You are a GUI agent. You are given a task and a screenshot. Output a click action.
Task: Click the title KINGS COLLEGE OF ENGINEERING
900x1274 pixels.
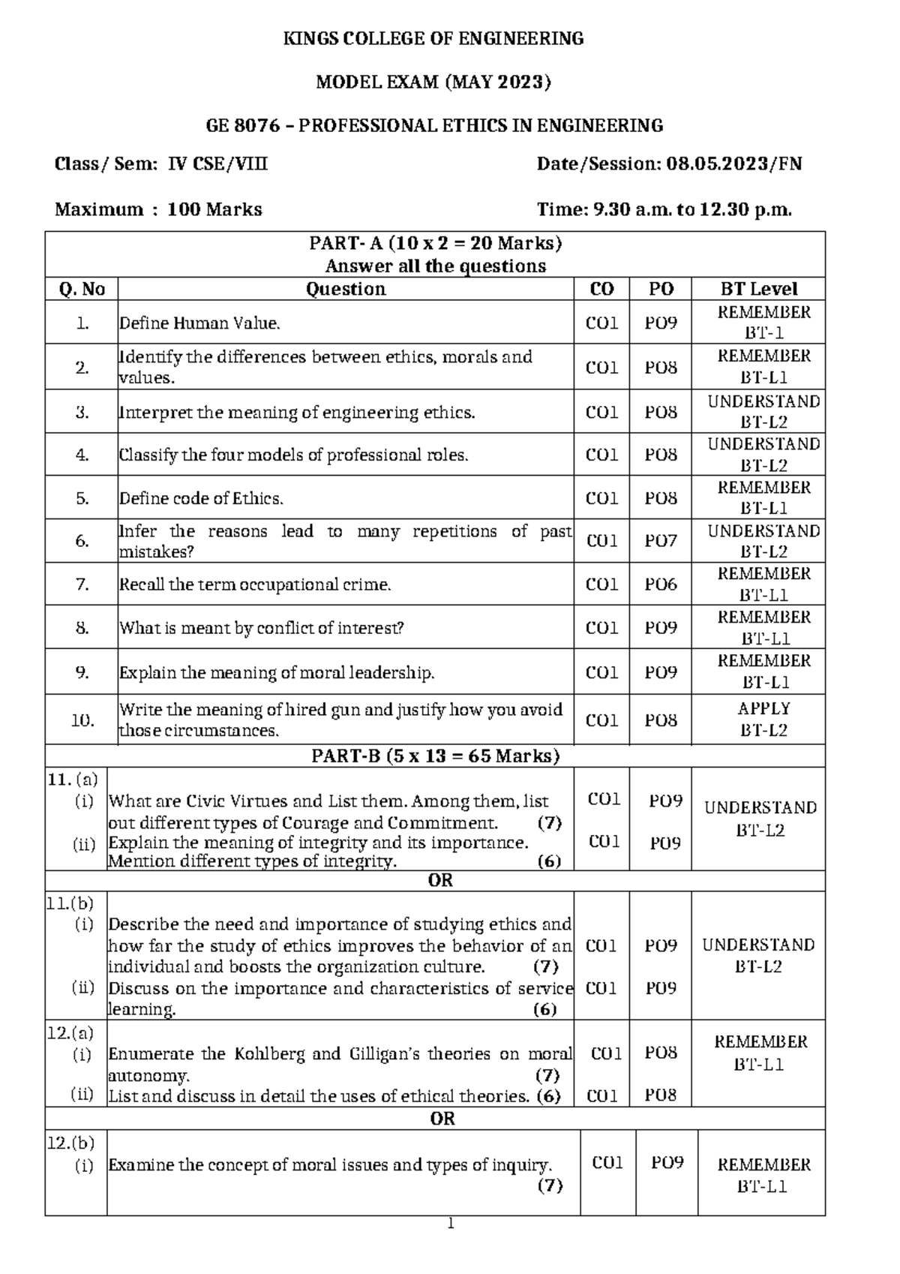click(433, 39)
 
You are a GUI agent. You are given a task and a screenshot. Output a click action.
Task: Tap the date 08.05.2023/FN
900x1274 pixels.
click(734, 164)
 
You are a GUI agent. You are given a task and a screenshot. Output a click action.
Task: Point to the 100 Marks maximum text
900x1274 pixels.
click(214, 209)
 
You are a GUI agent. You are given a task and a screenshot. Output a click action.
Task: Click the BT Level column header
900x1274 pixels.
click(758, 289)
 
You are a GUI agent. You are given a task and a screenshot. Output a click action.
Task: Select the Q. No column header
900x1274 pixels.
click(82, 289)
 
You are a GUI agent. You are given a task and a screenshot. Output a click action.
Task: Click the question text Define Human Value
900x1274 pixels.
click(199, 323)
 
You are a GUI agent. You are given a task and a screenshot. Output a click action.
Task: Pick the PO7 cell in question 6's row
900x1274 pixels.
click(661, 541)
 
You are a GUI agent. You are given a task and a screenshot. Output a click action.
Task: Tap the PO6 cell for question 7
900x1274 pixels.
click(661, 584)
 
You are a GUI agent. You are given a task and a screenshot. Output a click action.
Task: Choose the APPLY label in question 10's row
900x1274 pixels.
click(763, 708)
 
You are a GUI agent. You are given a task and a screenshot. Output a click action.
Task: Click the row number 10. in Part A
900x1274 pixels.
click(82, 720)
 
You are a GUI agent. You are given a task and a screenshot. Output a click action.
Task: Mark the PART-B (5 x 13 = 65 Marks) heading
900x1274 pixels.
click(436, 756)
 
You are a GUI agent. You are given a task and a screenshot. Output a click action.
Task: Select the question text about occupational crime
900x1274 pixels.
click(255, 584)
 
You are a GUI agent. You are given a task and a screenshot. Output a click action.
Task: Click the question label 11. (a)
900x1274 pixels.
click(72, 779)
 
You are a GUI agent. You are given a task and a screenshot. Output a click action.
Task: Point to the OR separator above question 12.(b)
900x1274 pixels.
click(442, 1119)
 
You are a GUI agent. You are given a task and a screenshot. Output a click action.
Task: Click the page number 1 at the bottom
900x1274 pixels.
click(450, 1224)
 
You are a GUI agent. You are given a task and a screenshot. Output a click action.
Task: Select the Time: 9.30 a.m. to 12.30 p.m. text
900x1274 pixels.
click(664, 209)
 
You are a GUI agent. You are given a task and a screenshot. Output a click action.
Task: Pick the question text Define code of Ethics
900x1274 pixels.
click(201, 499)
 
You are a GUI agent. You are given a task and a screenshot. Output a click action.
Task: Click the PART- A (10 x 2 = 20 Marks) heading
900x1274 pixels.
click(436, 243)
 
